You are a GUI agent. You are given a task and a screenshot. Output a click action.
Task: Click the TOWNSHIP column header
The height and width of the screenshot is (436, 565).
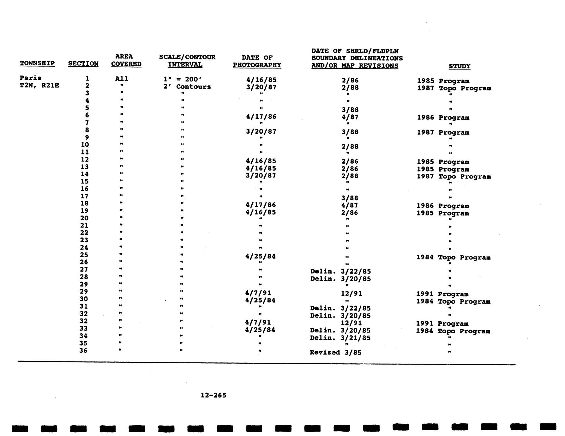click(x=37, y=63)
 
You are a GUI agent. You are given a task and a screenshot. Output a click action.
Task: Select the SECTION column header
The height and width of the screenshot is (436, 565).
click(x=83, y=64)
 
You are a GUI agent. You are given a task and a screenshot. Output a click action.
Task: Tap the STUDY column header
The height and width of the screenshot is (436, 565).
click(x=459, y=66)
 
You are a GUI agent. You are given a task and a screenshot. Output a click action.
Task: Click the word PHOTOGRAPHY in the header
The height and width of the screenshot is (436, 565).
click(x=257, y=65)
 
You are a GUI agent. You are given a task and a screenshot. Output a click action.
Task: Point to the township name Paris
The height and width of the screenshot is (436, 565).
click(x=30, y=78)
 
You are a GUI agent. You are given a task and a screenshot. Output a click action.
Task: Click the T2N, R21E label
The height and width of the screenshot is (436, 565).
click(x=39, y=85)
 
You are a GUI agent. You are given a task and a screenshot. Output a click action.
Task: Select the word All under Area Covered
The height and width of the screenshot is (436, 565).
click(x=122, y=79)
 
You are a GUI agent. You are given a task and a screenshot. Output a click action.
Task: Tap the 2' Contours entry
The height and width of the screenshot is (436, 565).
click(x=187, y=87)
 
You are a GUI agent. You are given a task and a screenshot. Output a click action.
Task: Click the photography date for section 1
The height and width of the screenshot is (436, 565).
click(x=261, y=80)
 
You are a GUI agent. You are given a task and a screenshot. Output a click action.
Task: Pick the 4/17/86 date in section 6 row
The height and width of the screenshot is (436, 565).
click(x=261, y=117)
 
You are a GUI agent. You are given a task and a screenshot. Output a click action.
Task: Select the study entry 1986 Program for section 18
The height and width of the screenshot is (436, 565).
click(x=443, y=206)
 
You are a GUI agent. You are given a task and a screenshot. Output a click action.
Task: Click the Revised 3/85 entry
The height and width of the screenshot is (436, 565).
click(x=335, y=352)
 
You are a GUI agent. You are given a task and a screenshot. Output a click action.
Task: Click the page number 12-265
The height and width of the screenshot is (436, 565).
click(x=213, y=395)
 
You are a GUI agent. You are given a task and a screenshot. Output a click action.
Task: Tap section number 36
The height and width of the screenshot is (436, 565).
click(x=83, y=350)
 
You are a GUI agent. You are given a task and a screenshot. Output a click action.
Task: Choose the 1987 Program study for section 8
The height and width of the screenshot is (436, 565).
click(x=443, y=132)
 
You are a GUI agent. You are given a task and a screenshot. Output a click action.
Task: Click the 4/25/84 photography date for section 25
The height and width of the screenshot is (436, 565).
click(x=260, y=256)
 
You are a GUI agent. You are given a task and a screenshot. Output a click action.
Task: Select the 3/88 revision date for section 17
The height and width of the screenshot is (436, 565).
click(x=350, y=198)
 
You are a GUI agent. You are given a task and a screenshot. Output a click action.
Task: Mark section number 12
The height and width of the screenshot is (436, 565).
click(x=85, y=159)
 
